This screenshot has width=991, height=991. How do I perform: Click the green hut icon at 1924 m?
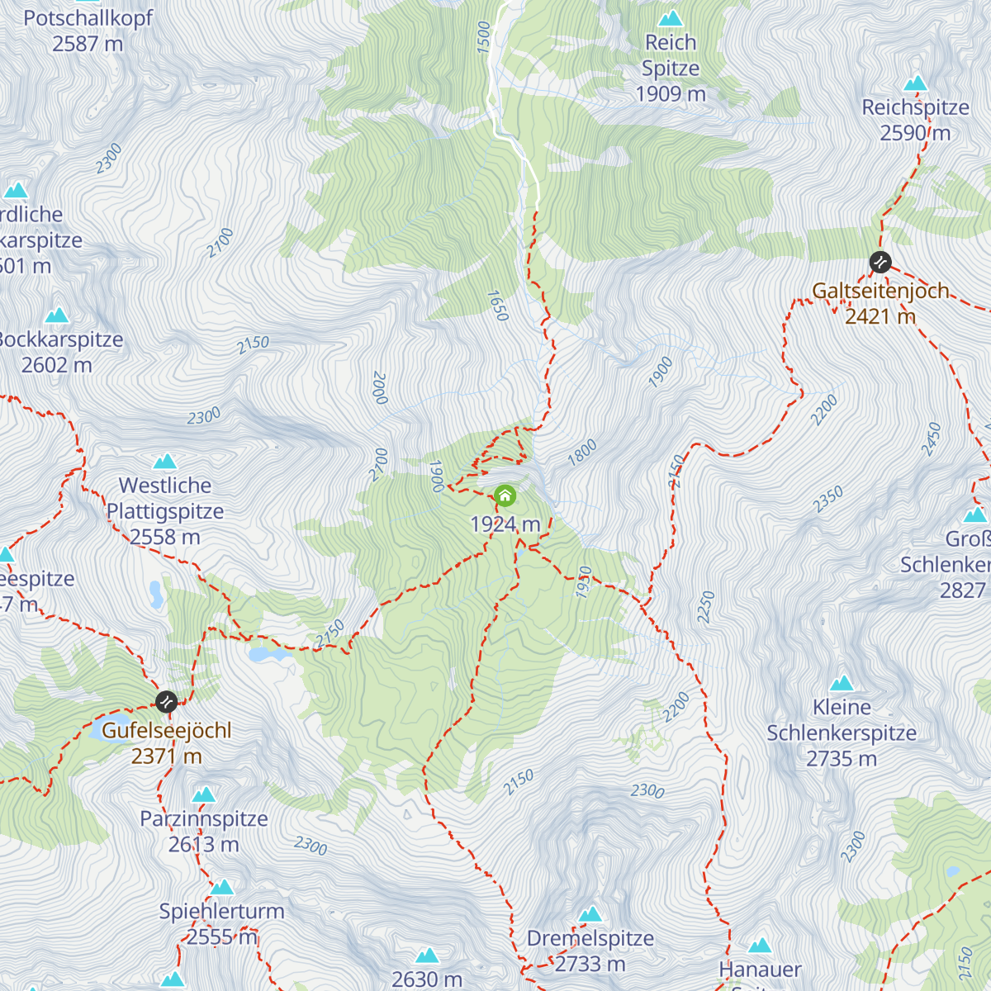(x=505, y=496)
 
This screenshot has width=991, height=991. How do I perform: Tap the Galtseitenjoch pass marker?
(x=880, y=263)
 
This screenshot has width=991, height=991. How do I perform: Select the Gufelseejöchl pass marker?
(x=166, y=702)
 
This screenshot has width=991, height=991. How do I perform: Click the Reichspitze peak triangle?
(x=915, y=83)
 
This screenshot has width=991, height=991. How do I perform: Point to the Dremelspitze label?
(x=590, y=939)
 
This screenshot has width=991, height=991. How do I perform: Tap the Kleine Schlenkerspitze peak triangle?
(x=842, y=683)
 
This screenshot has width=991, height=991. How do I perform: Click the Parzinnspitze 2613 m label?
(x=203, y=832)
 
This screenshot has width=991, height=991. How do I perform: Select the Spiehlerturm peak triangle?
(x=222, y=888)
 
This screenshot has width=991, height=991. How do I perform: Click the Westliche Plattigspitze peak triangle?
(x=165, y=462)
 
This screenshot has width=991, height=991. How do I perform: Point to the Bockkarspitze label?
(x=59, y=340)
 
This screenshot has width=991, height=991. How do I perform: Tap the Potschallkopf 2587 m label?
(x=88, y=31)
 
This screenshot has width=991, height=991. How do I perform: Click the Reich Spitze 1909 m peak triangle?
(x=670, y=18)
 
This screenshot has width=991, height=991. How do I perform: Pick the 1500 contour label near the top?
(x=483, y=38)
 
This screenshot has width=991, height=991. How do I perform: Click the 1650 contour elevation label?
(x=497, y=306)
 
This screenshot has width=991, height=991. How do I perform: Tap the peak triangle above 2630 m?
(x=427, y=956)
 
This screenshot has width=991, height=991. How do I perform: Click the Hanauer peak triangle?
(x=760, y=946)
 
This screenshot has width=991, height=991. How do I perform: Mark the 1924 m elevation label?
(x=505, y=524)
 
